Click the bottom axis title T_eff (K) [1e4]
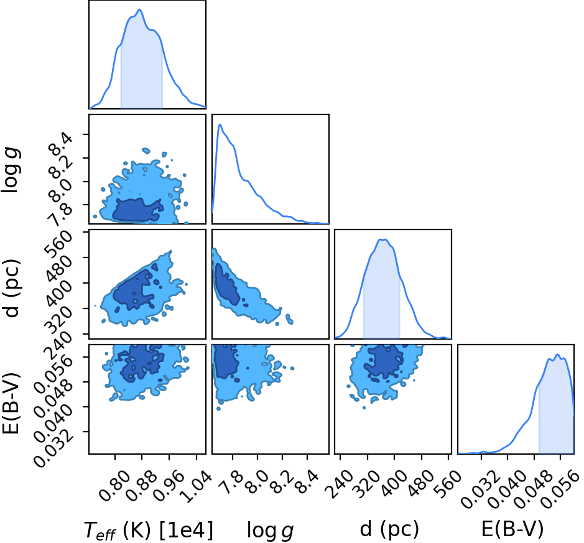[x=149, y=530]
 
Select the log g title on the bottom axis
[x=270, y=531]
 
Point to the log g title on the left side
[x=11, y=170]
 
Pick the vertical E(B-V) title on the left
[x=11, y=403]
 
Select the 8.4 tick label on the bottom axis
[x=309, y=481]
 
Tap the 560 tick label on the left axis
[x=57, y=243]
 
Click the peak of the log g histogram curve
[x=220, y=124]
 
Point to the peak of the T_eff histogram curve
[x=140, y=10]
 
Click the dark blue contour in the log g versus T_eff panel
[x=137, y=210]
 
